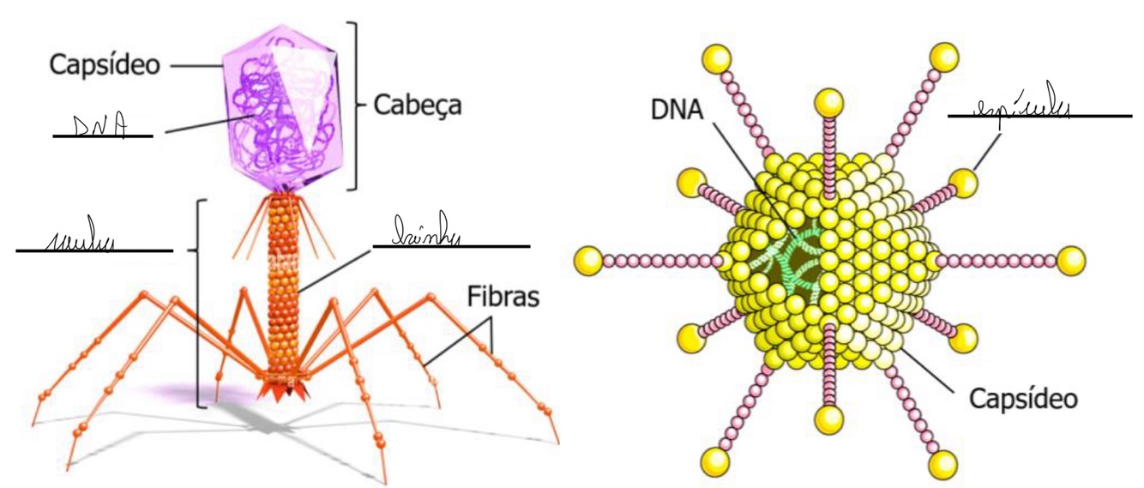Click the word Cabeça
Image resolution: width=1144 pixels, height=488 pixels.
pyautogui.click(x=418, y=105)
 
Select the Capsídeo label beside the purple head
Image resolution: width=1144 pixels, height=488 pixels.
pyautogui.click(x=105, y=64)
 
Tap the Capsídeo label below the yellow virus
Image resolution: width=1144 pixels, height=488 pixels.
pyautogui.click(x=1022, y=398)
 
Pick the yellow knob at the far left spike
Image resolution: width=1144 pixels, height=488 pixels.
pyautogui.click(x=588, y=258)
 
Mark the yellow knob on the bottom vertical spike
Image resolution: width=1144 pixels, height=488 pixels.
pyautogui.click(x=830, y=419)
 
